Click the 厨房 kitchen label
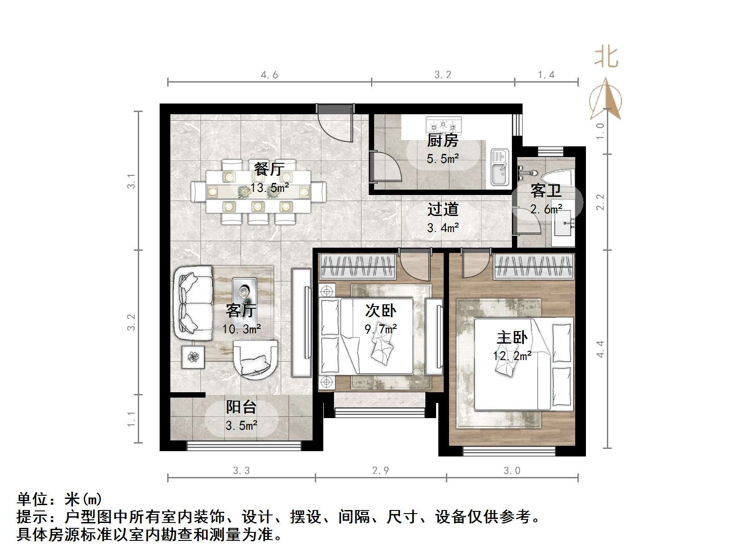tap(442, 141)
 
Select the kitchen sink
tap(499, 167)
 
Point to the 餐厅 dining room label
tap(269, 169)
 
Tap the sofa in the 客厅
tap(193, 304)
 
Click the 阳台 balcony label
tap(241, 407)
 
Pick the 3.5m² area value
tap(241, 425)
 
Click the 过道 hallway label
tap(442, 209)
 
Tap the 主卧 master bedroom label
tap(512, 337)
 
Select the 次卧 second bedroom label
tap(380, 311)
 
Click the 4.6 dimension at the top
tap(269, 75)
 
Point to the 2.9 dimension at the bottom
tap(380, 470)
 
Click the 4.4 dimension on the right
tap(600, 348)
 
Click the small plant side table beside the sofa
tap(193, 357)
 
